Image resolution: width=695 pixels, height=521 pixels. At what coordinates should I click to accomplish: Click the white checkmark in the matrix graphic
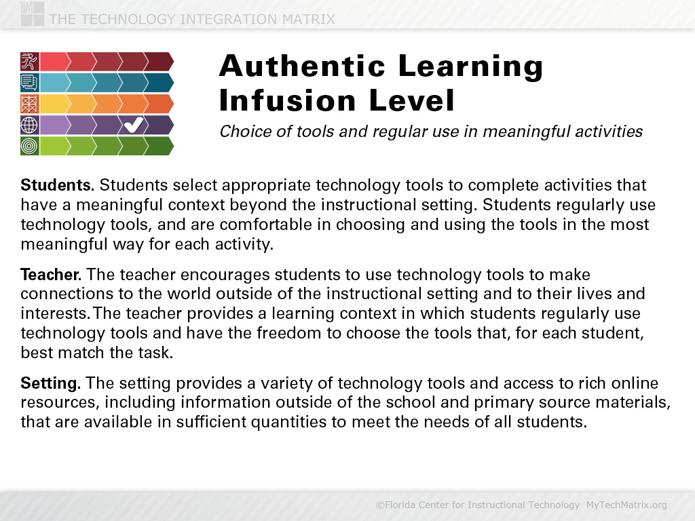pyautogui.click(x=134, y=125)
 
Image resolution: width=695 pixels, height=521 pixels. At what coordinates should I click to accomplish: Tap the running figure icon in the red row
pyautogui.click(x=30, y=62)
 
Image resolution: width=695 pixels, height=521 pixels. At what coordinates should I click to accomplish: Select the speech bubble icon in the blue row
pyautogui.click(x=30, y=83)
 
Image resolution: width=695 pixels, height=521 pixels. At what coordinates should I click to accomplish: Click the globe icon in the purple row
pyautogui.click(x=30, y=125)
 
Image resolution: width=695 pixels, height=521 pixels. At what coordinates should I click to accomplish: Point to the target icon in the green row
pyautogui.click(x=30, y=146)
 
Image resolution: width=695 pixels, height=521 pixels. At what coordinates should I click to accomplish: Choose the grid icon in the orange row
pyautogui.click(x=30, y=104)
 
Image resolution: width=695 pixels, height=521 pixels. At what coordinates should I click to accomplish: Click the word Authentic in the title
pyautogui.click(x=302, y=66)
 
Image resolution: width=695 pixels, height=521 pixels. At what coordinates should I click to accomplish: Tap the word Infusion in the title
pyautogui.click(x=287, y=100)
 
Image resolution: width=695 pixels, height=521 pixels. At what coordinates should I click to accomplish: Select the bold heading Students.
pyautogui.click(x=58, y=185)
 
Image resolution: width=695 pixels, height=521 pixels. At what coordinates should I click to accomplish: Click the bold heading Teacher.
pyautogui.click(x=51, y=275)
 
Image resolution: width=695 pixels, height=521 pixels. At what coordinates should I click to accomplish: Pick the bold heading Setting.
pyautogui.click(x=50, y=383)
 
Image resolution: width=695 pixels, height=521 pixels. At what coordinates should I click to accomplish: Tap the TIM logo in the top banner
pyautogui.click(x=32, y=14)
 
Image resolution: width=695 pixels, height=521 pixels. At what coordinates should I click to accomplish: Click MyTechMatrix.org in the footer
pyautogui.click(x=626, y=505)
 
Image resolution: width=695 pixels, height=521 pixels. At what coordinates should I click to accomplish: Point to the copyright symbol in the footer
pyautogui.click(x=380, y=505)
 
